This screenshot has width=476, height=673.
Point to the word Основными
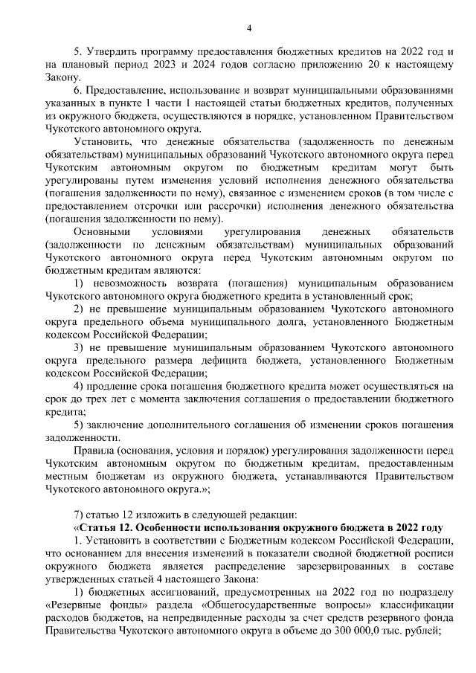pos(103,232)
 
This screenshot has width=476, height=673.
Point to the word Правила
pos(93,450)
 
